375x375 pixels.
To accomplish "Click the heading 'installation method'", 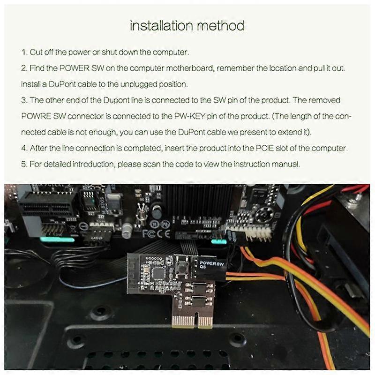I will pyautogui.click(x=187, y=25).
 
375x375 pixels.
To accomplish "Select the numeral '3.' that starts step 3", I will pyautogui.click(x=24, y=100).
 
